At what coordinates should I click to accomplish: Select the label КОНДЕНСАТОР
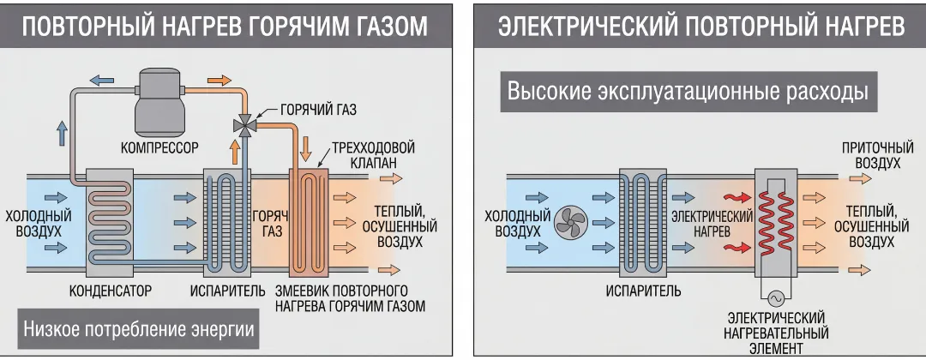pos(111,291)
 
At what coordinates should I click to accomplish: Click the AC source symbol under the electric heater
pos(778,298)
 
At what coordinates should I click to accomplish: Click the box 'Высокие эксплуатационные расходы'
pos(687,91)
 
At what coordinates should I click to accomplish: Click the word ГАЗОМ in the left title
pos(389,26)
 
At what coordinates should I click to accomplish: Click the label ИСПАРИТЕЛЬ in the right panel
pos(643,291)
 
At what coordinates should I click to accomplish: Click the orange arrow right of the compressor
pos(219,80)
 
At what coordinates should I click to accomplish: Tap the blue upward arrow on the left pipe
pos(61,134)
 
